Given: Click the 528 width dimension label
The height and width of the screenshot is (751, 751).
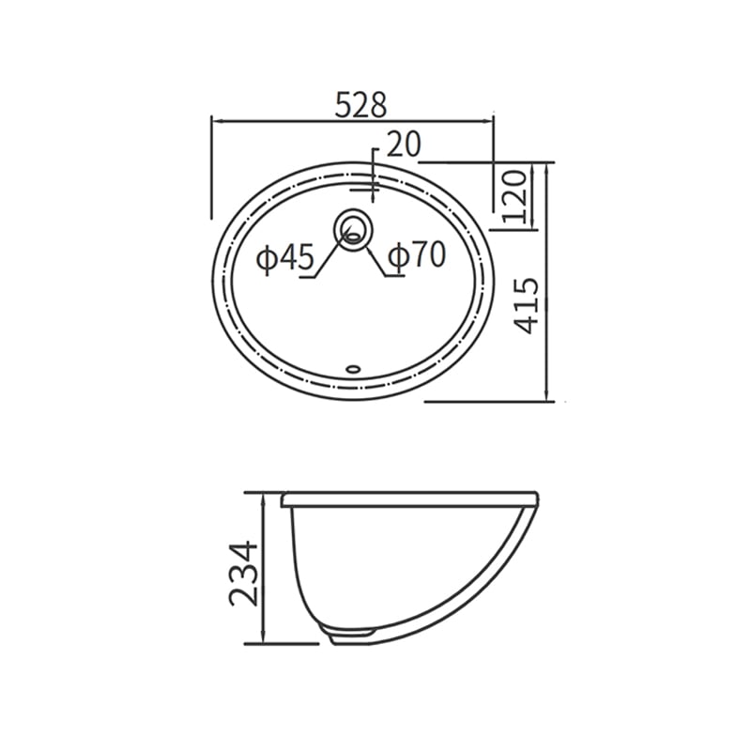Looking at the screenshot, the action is pyautogui.click(x=360, y=105).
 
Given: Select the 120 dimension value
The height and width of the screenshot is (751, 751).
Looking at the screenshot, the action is pyautogui.click(x=515, y=196).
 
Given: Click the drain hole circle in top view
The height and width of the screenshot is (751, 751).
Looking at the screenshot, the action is pyautogui.click(x=353, y=228).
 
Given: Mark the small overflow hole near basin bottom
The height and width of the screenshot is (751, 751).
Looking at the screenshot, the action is pyautogui.click(x=354, y=368).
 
